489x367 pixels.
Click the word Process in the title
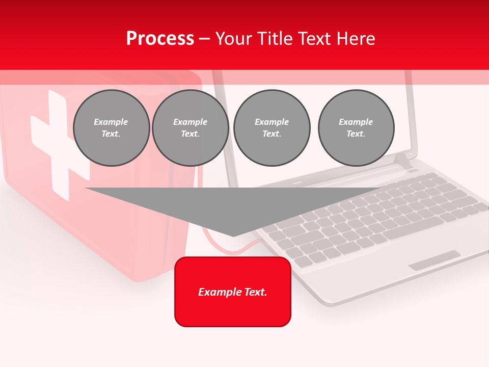160,39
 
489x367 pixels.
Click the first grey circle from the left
111,128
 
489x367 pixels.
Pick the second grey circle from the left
191,128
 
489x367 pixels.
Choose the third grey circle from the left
271,128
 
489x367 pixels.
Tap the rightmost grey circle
356,128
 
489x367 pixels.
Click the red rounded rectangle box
233,292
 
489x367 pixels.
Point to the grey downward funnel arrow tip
233,234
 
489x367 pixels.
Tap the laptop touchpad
434,260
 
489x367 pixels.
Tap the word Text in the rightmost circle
356,134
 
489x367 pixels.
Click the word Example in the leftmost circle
111,122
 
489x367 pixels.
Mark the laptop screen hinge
402,162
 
